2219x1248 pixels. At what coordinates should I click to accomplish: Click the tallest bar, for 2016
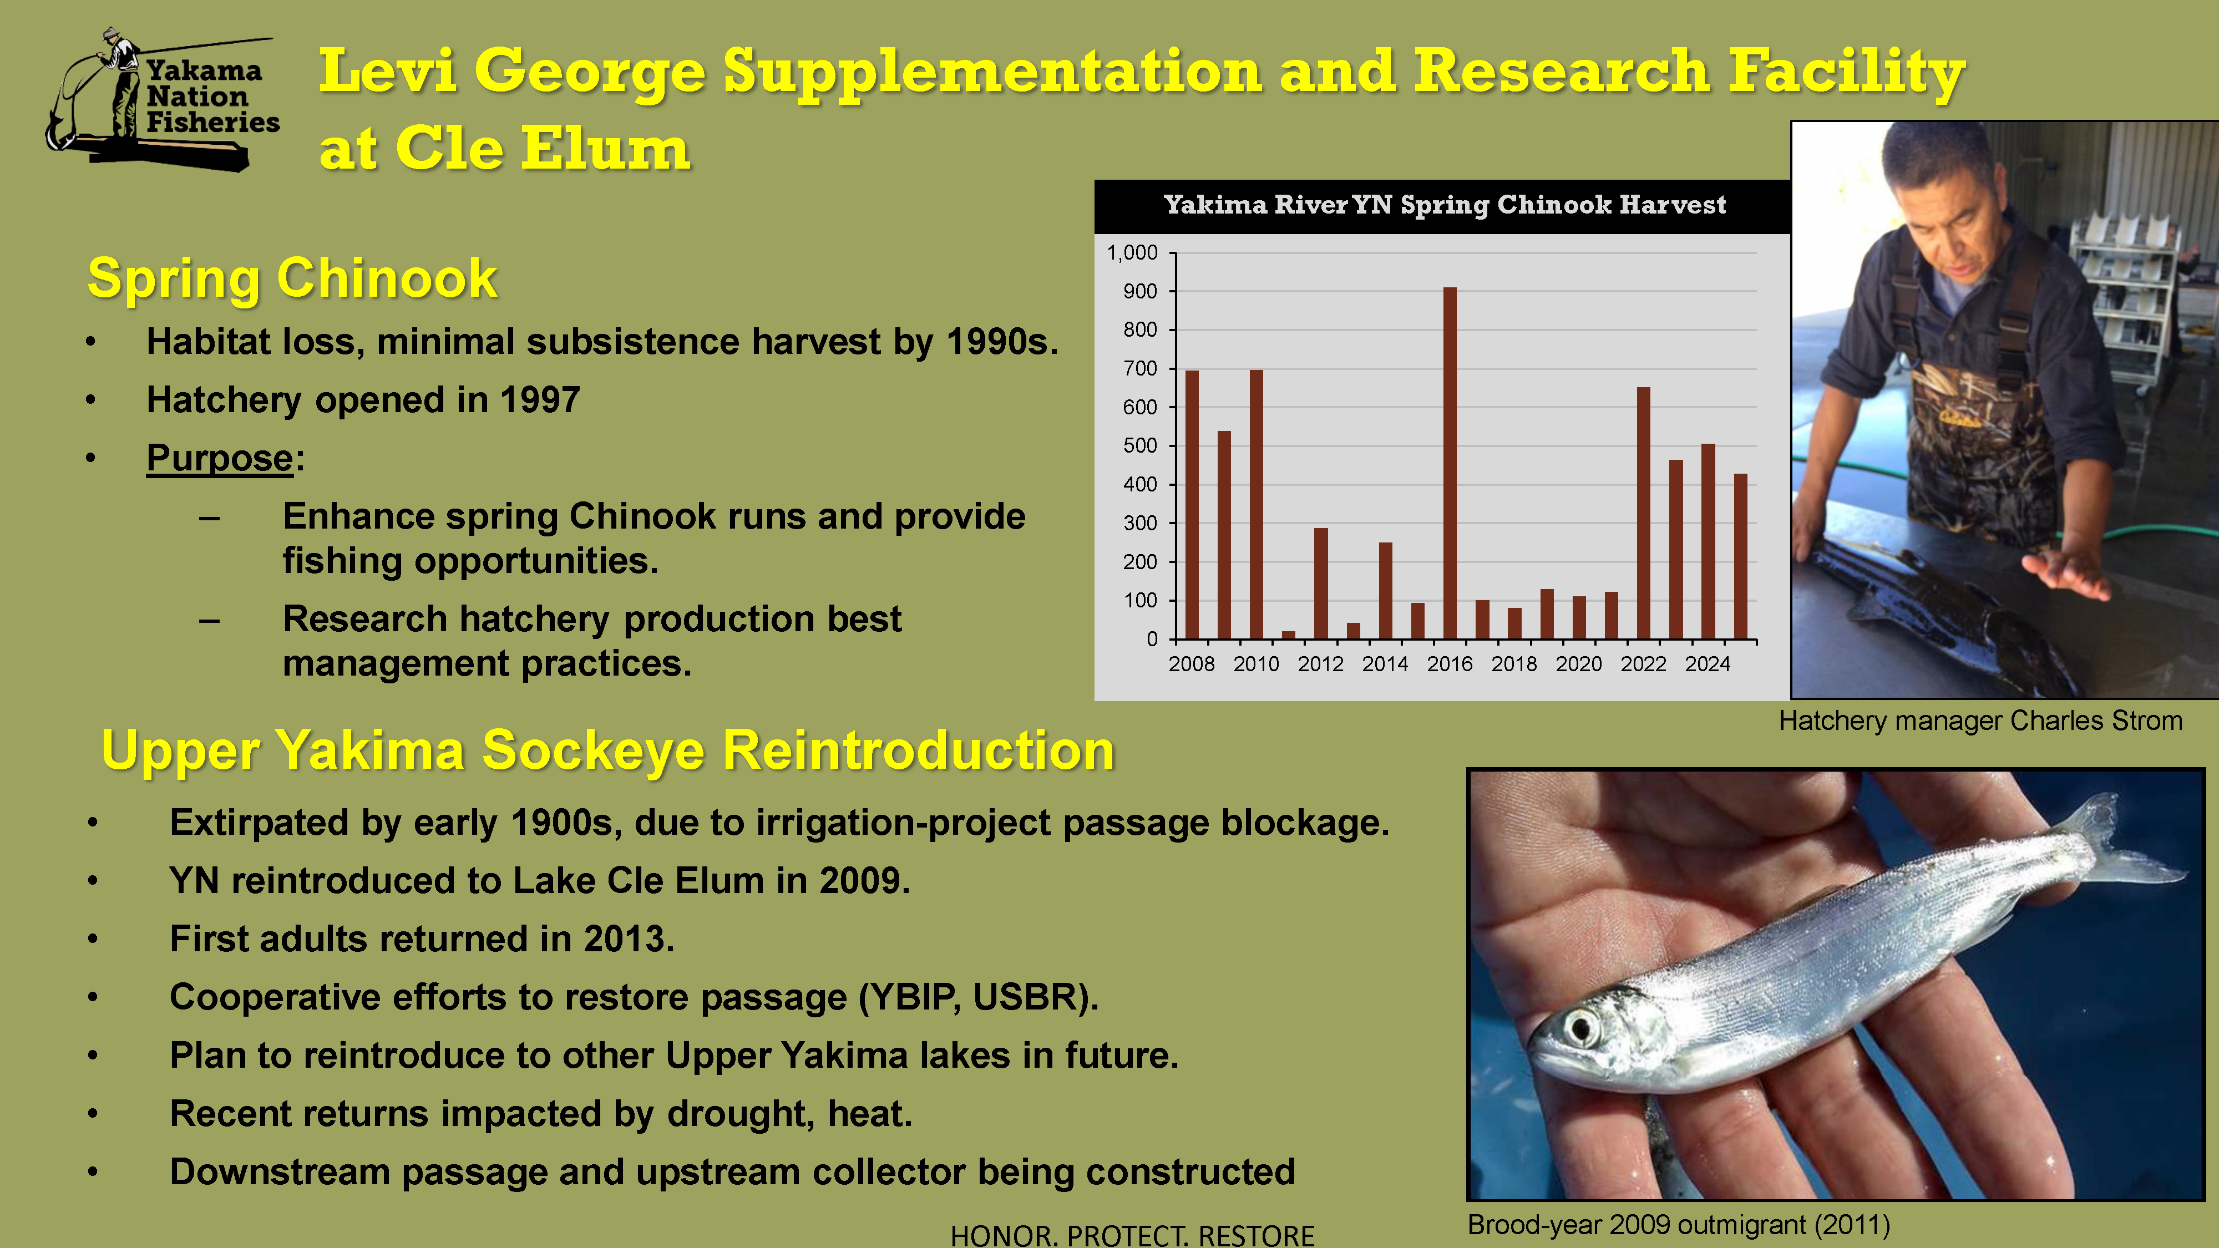click(x=1450, y=463)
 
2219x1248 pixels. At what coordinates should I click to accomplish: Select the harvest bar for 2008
click(x=1192, y=505)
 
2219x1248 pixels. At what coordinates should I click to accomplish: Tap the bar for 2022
click(x=1644, y=513)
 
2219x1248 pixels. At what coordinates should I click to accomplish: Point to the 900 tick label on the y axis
click(x=1139, y=291)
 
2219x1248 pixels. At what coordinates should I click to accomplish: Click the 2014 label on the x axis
click(x=1385, y=664)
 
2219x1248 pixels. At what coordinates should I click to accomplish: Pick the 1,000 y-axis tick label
click(x=1132, y=252)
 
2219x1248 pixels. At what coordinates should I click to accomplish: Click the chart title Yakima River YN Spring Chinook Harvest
click(x=1445, y=205)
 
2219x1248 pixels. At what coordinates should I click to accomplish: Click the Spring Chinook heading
click(x=292, y=278)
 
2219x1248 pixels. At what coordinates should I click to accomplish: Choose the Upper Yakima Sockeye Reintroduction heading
click(x=608, y=750)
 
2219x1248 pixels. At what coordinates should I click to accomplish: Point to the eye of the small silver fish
click(x=1582, y=1027)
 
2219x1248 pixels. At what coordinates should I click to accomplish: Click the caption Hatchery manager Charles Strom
click(x=1980, y=721)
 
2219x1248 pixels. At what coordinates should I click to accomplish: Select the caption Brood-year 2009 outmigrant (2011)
click(x=1679, y=1225)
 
